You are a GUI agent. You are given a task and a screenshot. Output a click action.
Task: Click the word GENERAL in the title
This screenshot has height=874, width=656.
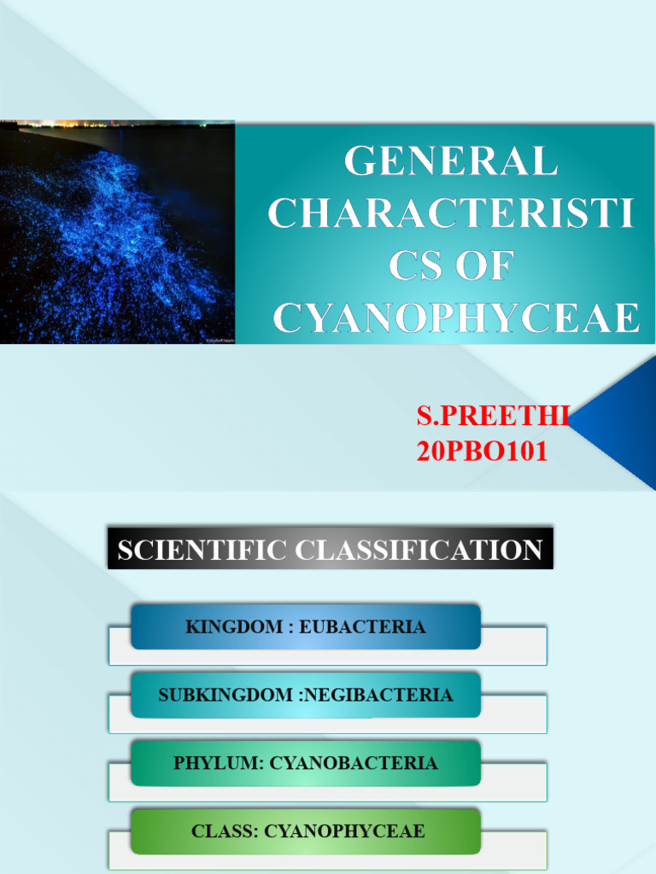[450, 162]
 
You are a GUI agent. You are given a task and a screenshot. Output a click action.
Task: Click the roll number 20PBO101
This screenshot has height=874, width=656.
[482, 452]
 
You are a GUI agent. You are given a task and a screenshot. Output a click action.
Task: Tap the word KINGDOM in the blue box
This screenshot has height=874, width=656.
[234, 627]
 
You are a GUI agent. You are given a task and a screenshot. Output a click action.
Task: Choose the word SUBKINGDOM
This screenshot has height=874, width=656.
[225, 695]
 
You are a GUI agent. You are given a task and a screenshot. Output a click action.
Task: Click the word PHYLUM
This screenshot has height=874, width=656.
[218, 763]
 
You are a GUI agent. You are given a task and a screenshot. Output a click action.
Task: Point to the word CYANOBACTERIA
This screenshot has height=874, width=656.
[354, 763]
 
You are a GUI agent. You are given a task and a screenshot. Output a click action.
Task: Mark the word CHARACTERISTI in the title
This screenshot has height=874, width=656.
[450, 214]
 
